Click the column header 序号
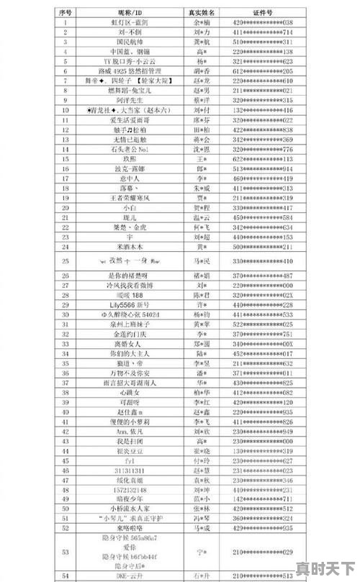[66, 13]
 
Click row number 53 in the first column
[66, 552]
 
